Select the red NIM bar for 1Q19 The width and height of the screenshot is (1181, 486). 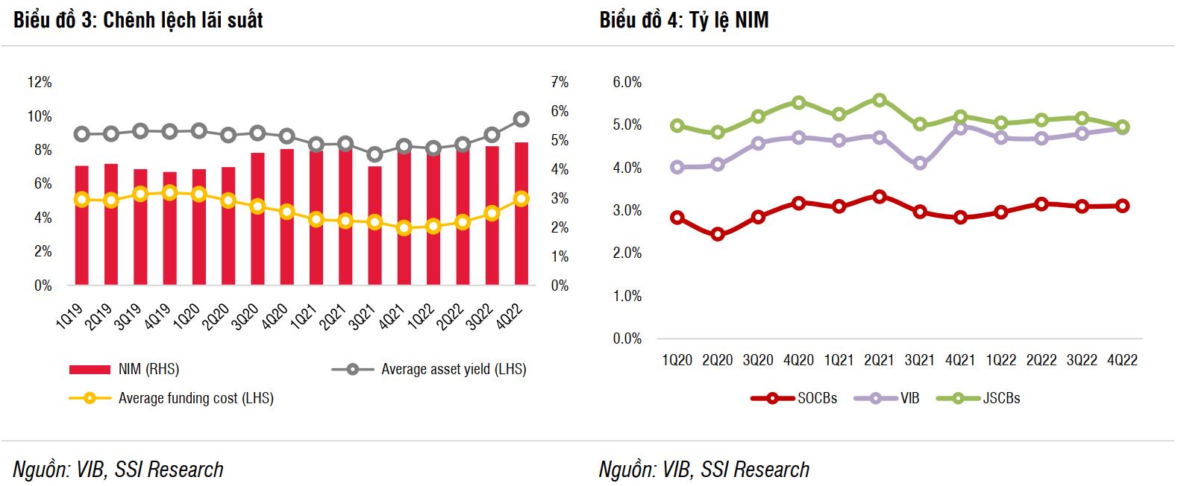pyautogui.click(x=82, y=225)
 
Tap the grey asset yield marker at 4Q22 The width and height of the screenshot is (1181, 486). pyautogui.click(x=521, y=119)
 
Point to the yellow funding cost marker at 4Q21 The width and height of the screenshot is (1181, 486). pyautogui.click(x=404, y=228)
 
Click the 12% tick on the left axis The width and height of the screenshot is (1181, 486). pyautogui.click(x=40, y=82)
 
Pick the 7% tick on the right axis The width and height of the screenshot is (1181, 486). pyautogui.click(x=560, y=82)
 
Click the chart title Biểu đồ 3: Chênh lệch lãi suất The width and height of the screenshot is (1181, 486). pyautogui.click(x=138, y=20)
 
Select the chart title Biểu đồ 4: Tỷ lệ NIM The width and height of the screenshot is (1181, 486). pyautogui.click(x=683, y=20)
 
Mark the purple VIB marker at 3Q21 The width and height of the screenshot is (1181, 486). pyautogui.click(x=920, y=163)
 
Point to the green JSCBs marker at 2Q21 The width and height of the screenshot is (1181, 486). pyautogui.click(x=880, y=100)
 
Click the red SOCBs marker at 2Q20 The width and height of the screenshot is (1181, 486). pyautogui.click(x=718, y=234)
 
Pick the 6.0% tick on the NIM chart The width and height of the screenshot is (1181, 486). pyautogui.click(x=627, y=82)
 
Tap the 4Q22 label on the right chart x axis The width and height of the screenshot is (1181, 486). pyautogui.click(x=1122, y=360)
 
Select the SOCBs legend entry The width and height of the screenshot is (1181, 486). pyautogui.click(x=817, y=398)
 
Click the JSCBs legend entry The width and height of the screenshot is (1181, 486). pyautogui.click(x=1001, y=398)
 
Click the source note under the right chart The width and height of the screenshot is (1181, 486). pyautogui.click(x=704, y=469)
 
